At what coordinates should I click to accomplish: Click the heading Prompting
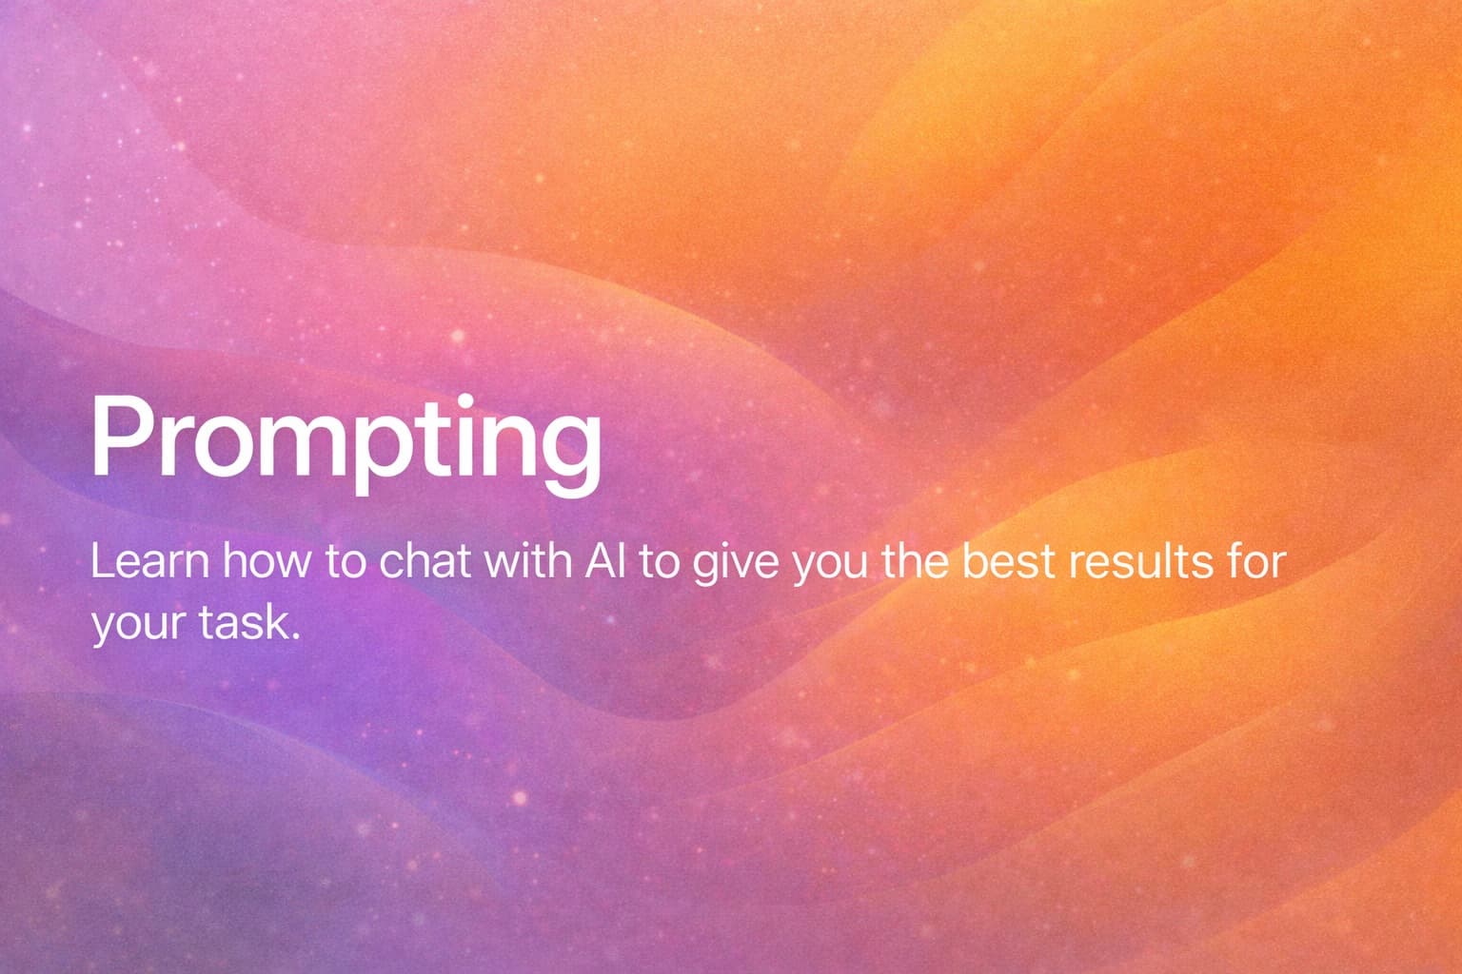(346, 438)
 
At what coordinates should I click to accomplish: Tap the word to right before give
(658, 562)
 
